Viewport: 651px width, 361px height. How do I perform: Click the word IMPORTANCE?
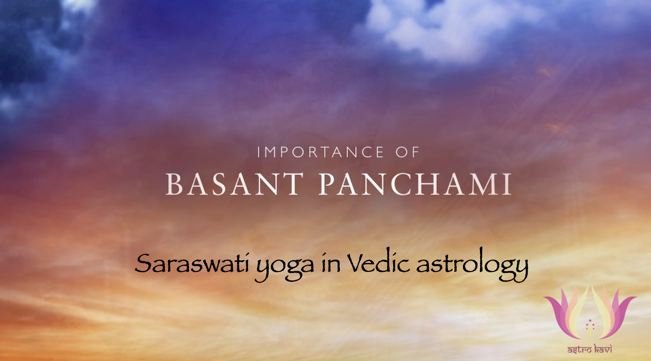click(x=320, y=152)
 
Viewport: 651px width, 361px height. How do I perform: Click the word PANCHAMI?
click(x=415, y=184)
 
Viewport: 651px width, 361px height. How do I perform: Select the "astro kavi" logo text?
click(x=590, y=349)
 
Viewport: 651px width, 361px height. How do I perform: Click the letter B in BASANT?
click(x=174, y=184)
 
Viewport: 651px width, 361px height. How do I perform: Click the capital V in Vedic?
click(x=357, y=263)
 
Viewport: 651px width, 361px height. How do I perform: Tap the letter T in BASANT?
click(x=291, y=184)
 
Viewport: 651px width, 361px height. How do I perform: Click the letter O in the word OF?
click(x=402, y=152)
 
